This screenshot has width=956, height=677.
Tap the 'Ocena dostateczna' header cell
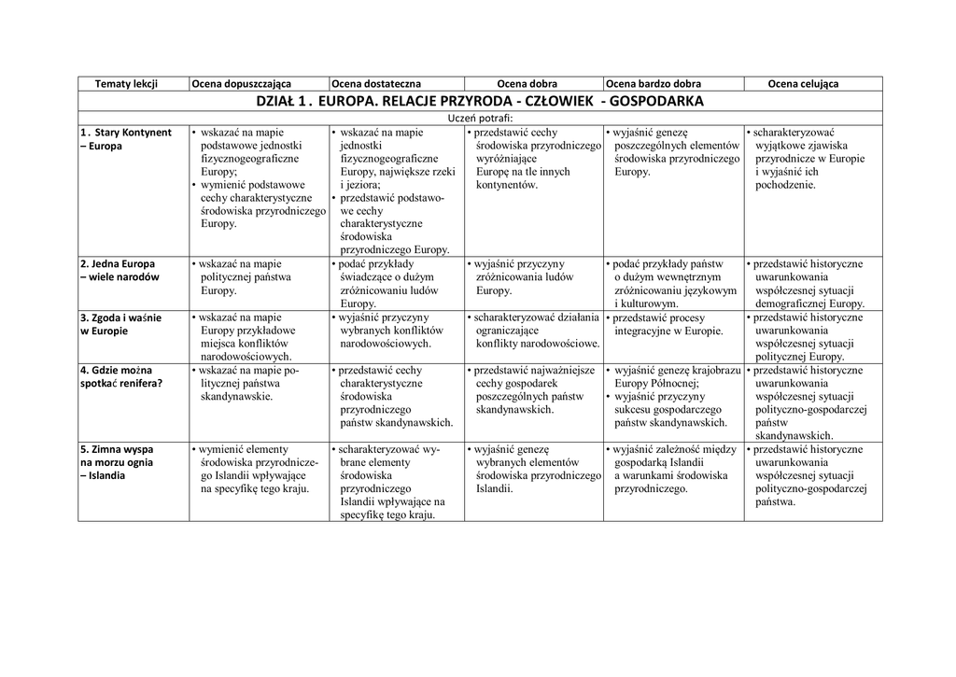pos(372,84)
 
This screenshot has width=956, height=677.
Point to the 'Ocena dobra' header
pos(527,84)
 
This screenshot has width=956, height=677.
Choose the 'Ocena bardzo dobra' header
pos(654,84)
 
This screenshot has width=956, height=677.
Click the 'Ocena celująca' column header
pos(803,84)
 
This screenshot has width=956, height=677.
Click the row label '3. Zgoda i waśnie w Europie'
pos(120,324)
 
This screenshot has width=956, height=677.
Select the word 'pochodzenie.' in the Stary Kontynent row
pos(785,185)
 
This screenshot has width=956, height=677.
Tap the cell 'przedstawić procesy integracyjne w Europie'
pos(668,324)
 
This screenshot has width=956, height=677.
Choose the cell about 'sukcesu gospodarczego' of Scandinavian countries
pos(672,402)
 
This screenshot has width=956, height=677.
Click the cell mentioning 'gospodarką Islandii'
pos(672,469)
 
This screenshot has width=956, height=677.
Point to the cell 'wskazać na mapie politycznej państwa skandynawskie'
pos(247,383)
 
